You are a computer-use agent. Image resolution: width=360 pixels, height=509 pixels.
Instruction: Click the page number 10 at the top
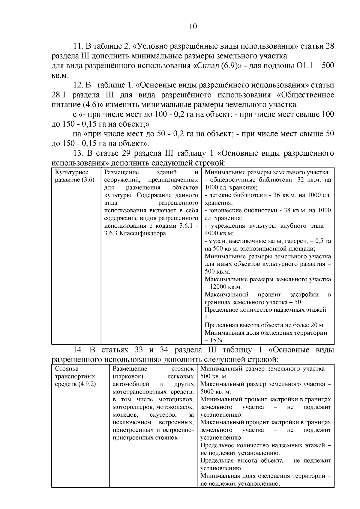(x=193, y=27)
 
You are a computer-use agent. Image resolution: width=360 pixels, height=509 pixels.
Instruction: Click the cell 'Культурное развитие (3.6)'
(x=74, y=176)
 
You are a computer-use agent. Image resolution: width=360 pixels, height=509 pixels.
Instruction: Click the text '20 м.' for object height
(x=317, y=325)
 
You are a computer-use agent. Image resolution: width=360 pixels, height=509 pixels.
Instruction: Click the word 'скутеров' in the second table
(x=162, y=415)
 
